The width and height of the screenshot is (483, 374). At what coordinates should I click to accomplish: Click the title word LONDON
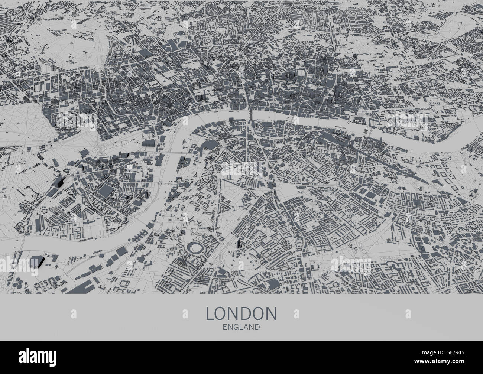tap(241, 313)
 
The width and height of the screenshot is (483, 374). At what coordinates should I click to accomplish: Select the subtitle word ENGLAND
tap(241, 327)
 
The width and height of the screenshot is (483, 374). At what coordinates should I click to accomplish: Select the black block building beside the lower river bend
tap(38, 261)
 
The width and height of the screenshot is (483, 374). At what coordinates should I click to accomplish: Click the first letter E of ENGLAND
tap(225, 327)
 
